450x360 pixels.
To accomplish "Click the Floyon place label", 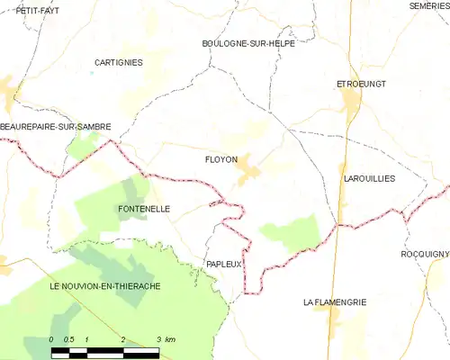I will click(x=221, y=160).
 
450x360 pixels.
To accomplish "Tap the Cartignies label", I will click(x=118, y=62).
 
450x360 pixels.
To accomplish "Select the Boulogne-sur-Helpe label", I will click(x=242, y=43).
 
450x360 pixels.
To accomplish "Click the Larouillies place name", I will click(x=369, y=179).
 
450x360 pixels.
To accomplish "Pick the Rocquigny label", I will click(x=425, y=255).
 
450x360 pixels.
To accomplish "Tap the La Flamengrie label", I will click(x=335, y=302).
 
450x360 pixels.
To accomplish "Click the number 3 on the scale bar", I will click(x=158, y=339).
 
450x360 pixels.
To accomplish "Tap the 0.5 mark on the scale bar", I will click(x=68, y=339).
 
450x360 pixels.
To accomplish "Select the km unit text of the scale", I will click(x=172, y=339).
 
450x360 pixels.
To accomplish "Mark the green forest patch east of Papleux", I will click(x=291, y=233).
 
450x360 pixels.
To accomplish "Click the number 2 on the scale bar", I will click(x=121, y=339).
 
